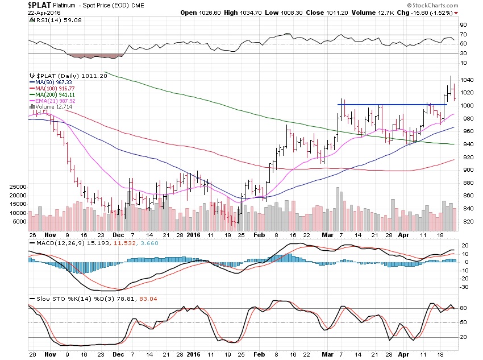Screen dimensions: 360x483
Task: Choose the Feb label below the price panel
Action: [258, 234]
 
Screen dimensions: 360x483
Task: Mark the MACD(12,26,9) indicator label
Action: [55, 244]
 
